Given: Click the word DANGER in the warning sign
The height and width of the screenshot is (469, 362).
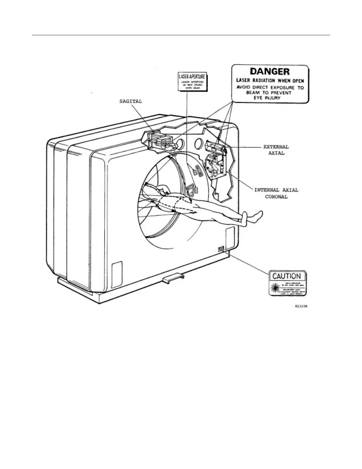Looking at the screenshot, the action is pos(270,71).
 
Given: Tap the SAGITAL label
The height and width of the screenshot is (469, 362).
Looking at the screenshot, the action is pos(130,101).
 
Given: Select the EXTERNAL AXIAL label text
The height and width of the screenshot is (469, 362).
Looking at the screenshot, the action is pos(276,150).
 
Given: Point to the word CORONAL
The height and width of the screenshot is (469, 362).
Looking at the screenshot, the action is pos(276,197).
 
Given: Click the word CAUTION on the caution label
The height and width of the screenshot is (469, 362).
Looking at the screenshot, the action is pos(287,276).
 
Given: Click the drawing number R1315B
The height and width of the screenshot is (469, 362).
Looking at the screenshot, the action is pos(301,306).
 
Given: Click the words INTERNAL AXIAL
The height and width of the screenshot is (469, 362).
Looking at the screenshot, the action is pos(276,190).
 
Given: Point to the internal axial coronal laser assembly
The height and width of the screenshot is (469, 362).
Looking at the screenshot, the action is pos(216,166).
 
